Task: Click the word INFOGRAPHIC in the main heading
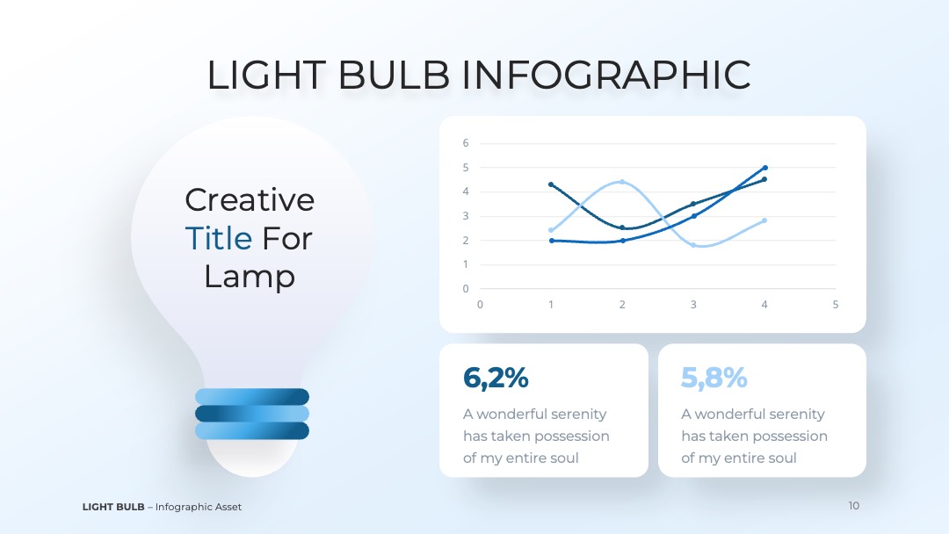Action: [x=605, y=75]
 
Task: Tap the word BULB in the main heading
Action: [x=394, y=75]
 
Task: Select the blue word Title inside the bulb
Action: [x=219, y=238]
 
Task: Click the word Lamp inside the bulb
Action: [x=250, y=277]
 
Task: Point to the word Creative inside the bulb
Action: [x=250, y=199]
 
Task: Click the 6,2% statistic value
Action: [x=496, y=378]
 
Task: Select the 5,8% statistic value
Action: [x=714, y=378]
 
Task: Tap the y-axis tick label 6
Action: [x=466, y=143]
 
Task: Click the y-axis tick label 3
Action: [x=466, y=216]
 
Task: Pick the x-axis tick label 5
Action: [x=836, y=304]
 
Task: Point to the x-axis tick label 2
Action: [x=622, y=304]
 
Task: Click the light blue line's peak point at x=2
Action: [x=622, y=182]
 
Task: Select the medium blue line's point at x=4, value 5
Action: [x=765, y=168]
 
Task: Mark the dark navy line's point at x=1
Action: [x=551, y=184]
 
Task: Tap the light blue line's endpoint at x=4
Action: [x=764, y=220]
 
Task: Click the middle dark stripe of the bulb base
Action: [x=252, y=414]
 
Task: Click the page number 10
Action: [x=853, y=506]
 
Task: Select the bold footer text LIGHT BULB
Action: [x=113, y=507]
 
